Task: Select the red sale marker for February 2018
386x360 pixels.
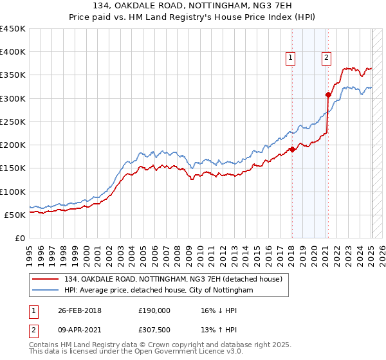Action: [x=292, y=149]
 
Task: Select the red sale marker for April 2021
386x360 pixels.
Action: [x=328, y=94]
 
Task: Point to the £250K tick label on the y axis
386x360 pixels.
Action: [x=13, y=122]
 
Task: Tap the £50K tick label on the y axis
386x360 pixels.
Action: [x=15, y=215]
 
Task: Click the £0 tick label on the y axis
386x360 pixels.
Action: [x=21, y=238]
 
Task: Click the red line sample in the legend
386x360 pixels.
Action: [x=46, y=279]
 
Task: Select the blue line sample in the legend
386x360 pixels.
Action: [x=46, y=290]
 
